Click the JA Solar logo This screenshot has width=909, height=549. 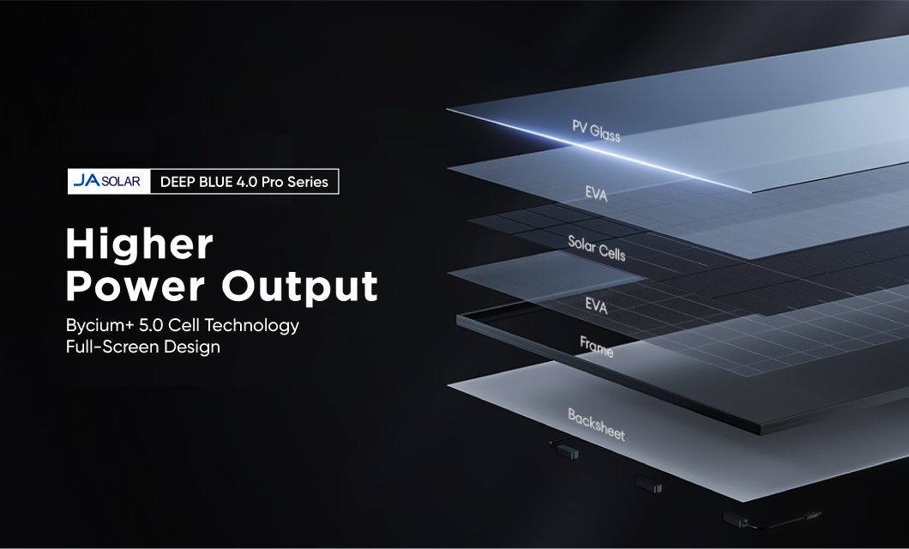(x=106, y=181)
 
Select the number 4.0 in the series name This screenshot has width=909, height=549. (x=246, y=182)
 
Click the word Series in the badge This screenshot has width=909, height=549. (x=308, y=182)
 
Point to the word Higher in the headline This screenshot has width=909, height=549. (x=140, y=245)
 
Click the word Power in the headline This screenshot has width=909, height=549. (x=135, y=286)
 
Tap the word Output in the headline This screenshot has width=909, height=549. (x=300, y=287)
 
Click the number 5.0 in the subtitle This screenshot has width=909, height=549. (x=151, y=325)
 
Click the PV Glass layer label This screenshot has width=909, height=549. (x=596, y=131)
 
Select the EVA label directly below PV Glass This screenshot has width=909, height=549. (x=596, y=194)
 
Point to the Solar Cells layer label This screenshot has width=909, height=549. (x=597, y=248)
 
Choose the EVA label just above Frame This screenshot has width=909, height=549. (x=596, y=305)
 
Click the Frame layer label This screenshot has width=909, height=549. (x=596, y=347)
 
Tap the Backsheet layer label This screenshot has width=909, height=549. (x=596, y=425)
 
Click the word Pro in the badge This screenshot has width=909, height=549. (x=273, y=182)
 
